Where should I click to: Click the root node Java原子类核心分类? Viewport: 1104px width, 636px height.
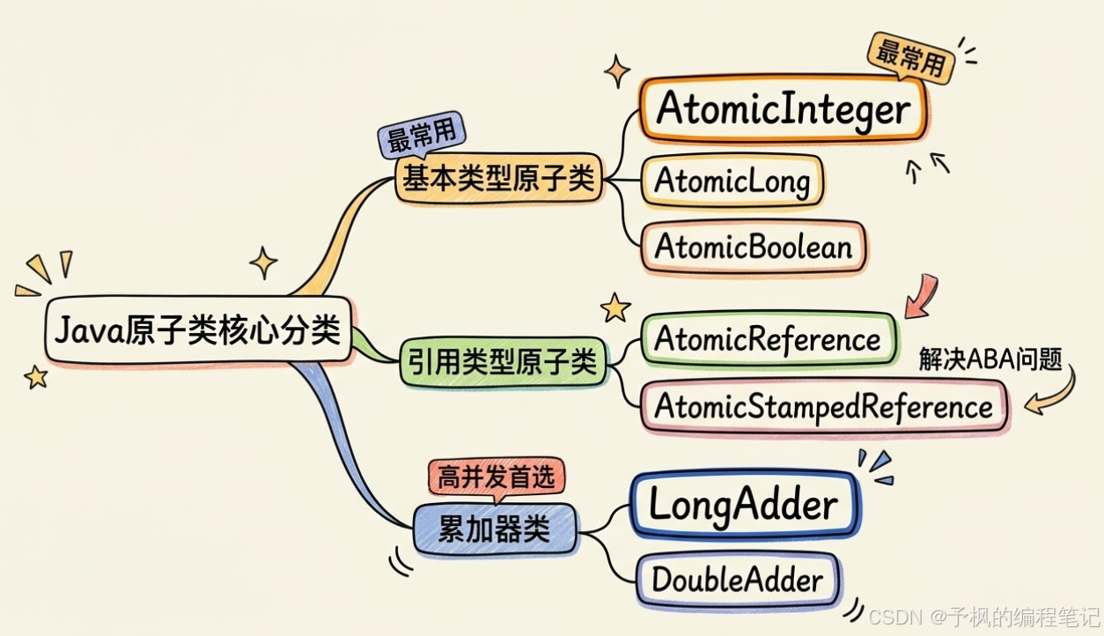pos(197,332)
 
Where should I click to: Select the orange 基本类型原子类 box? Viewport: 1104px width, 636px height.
pos(498,180)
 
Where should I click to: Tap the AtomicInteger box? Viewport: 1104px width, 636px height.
pos(782,110)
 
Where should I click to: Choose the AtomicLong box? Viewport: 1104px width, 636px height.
pos(732,181)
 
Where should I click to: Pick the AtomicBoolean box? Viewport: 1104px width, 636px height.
pos(753,247)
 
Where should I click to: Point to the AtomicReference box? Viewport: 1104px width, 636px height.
pos(767,338)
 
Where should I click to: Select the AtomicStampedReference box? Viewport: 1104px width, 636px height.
pos(822,406)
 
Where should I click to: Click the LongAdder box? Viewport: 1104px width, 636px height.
pos(743,505)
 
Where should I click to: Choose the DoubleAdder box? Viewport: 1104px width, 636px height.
pos(737,580)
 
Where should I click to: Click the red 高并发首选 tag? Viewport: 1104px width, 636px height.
pos(497,478)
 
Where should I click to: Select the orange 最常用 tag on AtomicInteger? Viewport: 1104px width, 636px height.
pos(910,59)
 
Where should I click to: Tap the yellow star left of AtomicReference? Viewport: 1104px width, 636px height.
pos(615,307)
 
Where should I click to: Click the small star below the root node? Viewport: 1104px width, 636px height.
pos(36,377)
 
